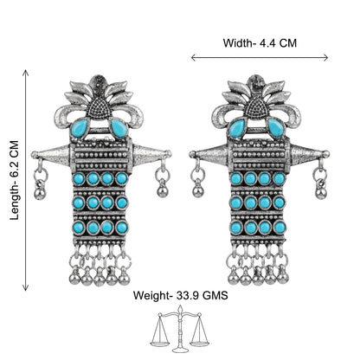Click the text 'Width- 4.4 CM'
point(260,43)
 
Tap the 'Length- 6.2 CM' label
point(14,180)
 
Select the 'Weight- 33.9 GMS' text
point(180,295)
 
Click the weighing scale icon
point(180,329)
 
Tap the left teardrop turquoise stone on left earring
point(79,128)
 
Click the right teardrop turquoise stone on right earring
point(276,128)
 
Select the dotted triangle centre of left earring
point(99,108)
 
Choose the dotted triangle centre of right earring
point(256,108)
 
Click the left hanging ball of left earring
point(40,193)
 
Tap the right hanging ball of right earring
point(320,192)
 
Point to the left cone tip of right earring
point(191,155)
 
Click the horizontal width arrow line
point(260,58)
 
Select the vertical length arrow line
point(26,180)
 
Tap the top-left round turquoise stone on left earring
point(79,179)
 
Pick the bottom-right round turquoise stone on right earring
point(280,227)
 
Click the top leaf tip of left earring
point(99,76)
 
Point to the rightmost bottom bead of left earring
point(124,279)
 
